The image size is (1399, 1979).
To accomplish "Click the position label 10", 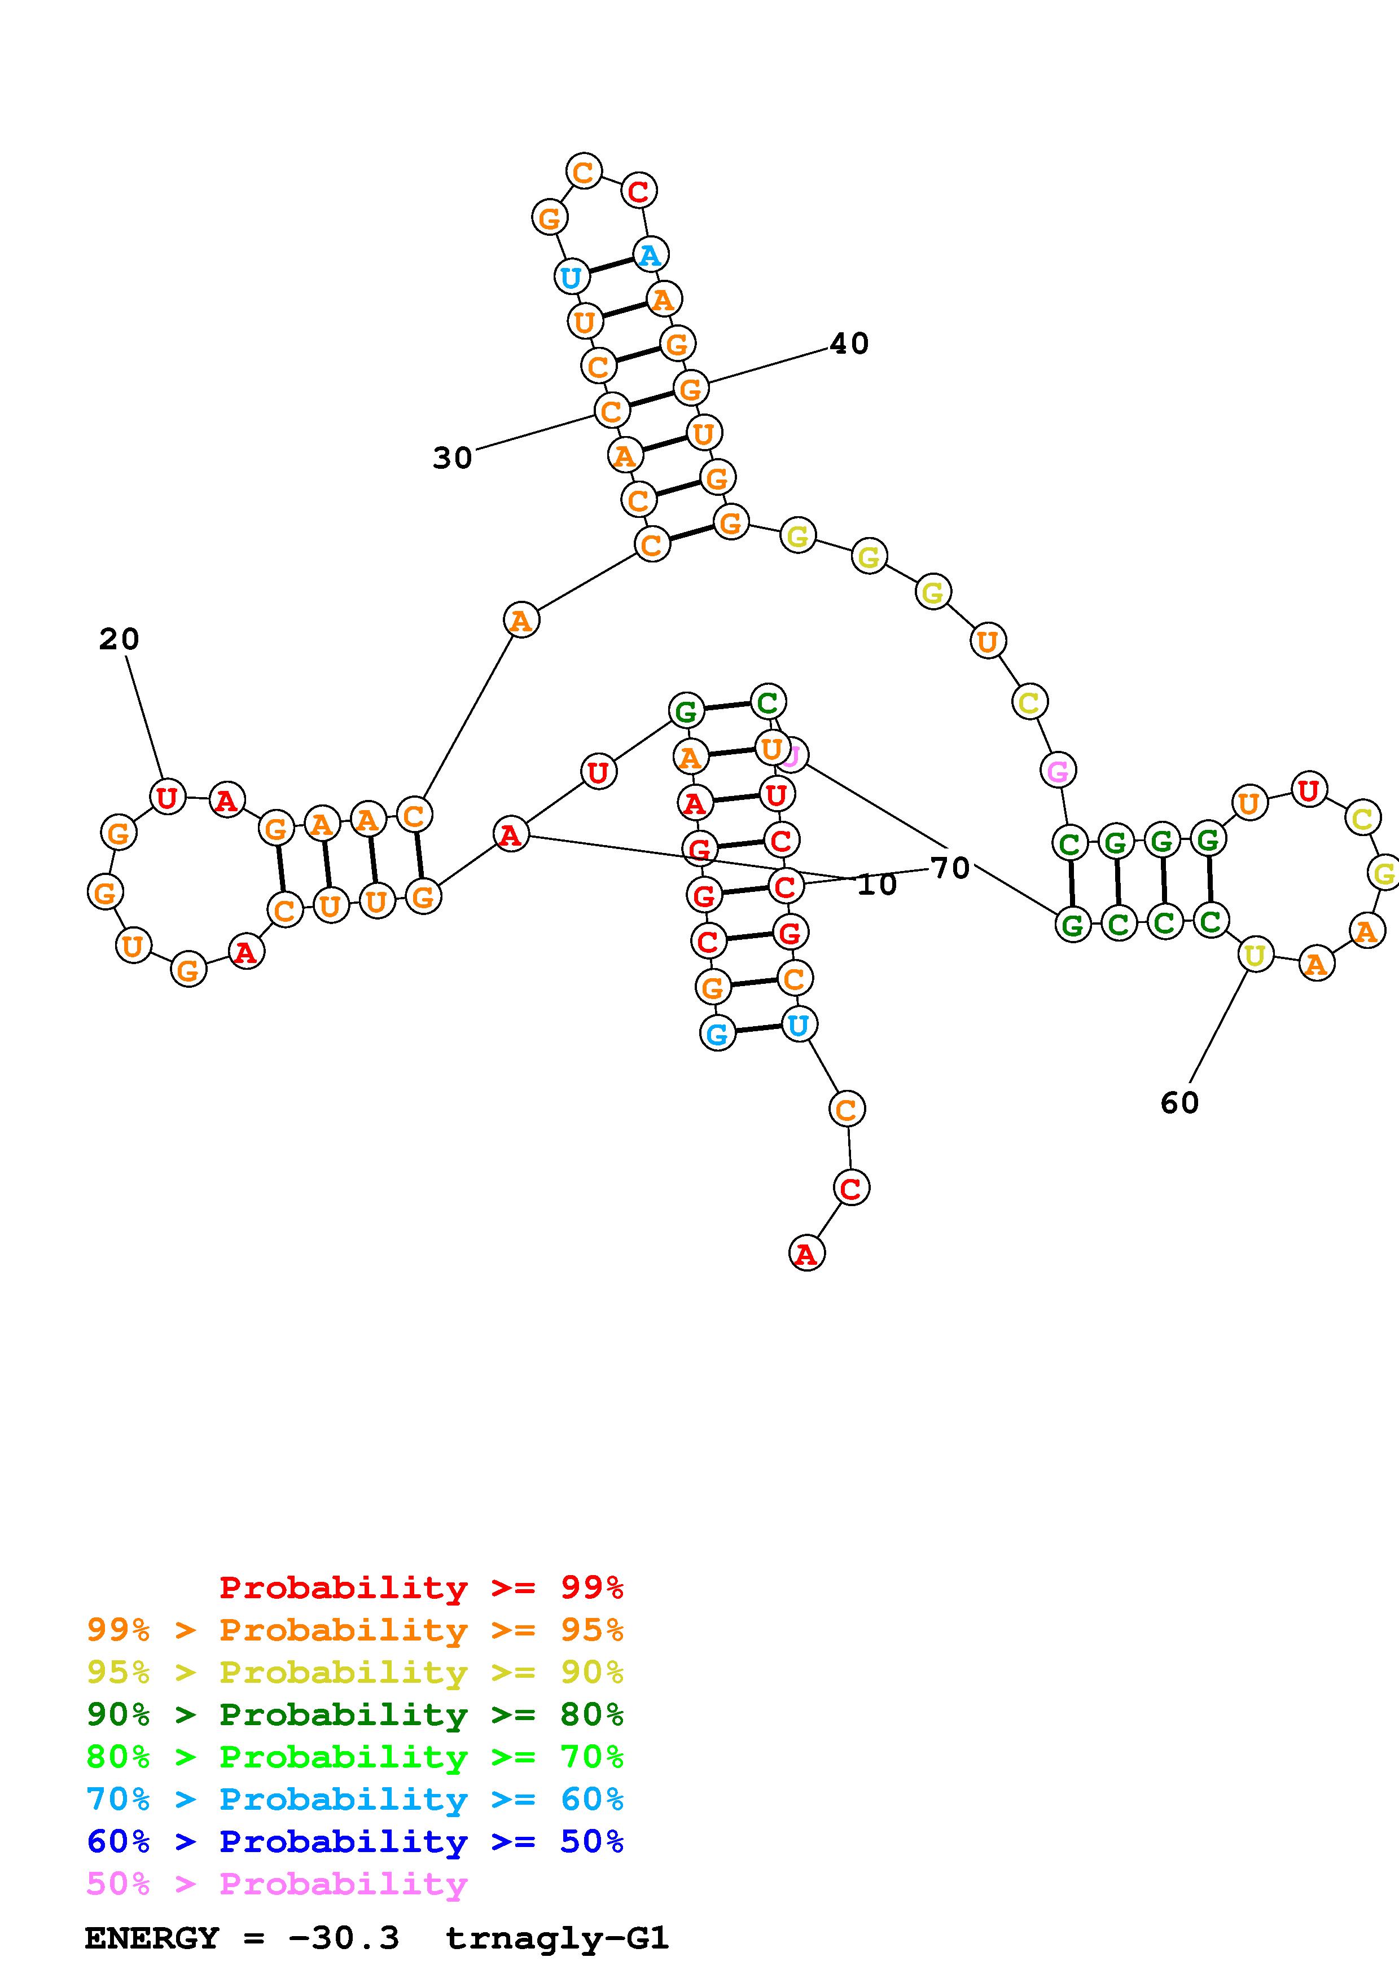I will (x=876, y=885).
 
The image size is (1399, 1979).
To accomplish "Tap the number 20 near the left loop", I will (x=119, y=640).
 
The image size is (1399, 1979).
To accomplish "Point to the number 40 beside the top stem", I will (x=849, y=344).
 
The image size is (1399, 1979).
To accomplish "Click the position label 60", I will (x=1179, y=1102).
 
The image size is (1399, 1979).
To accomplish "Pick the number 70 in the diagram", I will (x=950, y=868).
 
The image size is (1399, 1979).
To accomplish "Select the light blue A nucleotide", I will (x=650, y=255).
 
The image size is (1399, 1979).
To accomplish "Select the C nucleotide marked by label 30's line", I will (x=611, y=411).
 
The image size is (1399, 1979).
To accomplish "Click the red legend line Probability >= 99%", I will (x=420, y=1587).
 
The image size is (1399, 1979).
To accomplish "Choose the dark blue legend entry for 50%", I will (x=354, y=1842).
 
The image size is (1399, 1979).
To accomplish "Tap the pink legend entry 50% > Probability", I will (x=277, y=1884).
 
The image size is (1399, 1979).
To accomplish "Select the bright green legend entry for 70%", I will (x=354, y=1757).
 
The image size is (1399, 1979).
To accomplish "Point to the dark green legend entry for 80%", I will (x=354, y=1714).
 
